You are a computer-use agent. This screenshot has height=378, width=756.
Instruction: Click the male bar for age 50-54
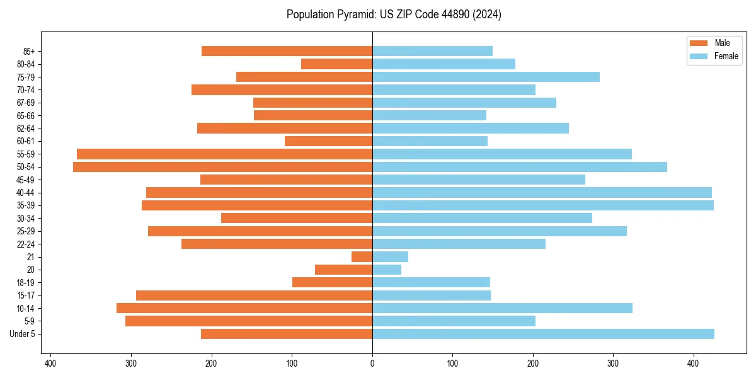(222, 167)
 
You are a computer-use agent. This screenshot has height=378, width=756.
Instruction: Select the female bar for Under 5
(543, 334)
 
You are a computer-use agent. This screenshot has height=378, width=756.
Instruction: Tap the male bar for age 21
(362, 257)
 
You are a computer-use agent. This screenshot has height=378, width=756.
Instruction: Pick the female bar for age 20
(387, 270)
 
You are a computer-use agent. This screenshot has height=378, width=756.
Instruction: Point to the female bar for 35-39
(543, 205)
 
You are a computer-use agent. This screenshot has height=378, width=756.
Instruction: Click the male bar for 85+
(287, 51)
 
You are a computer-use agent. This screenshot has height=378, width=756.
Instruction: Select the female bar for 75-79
(486, 77)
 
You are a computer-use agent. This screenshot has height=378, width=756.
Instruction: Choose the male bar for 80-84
(336, 64)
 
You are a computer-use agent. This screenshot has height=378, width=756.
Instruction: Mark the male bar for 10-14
(244, 308)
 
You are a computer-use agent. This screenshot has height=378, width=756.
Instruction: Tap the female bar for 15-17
(432, 295)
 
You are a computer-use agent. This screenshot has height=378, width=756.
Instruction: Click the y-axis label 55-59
(26, 154)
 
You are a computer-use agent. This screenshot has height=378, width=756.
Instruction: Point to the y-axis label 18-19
(26, 283)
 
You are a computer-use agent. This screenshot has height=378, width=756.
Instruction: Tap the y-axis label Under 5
(22, 334)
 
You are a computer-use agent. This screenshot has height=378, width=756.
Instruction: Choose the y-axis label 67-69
(26, 103)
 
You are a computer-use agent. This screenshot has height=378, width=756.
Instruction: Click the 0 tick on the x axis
(372, 364)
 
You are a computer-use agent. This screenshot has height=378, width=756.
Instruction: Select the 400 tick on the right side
(693, 364)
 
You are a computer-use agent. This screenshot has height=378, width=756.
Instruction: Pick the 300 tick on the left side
(132, 364)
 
